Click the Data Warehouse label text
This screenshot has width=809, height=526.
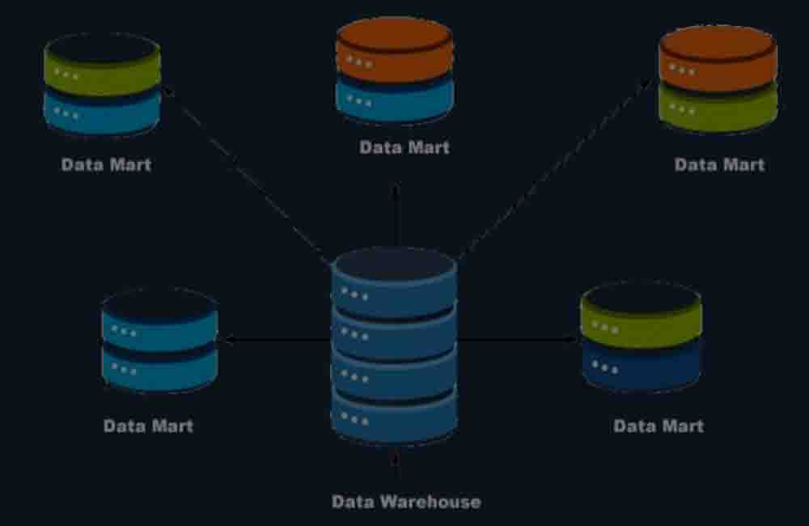point(406,502)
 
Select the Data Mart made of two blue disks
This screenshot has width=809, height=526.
point(159,340)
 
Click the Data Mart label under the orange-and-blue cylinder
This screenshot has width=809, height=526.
point(404,148)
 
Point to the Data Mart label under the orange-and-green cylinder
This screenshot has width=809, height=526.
point(719,164)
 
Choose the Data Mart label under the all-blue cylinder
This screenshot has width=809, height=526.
point(149,426)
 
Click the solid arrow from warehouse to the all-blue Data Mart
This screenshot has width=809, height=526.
point(275,341)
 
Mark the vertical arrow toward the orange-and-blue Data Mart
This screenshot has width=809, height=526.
point(396,214)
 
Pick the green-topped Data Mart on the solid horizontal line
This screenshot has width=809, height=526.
point(641,336)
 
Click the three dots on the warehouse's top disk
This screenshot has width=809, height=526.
point(354,293)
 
